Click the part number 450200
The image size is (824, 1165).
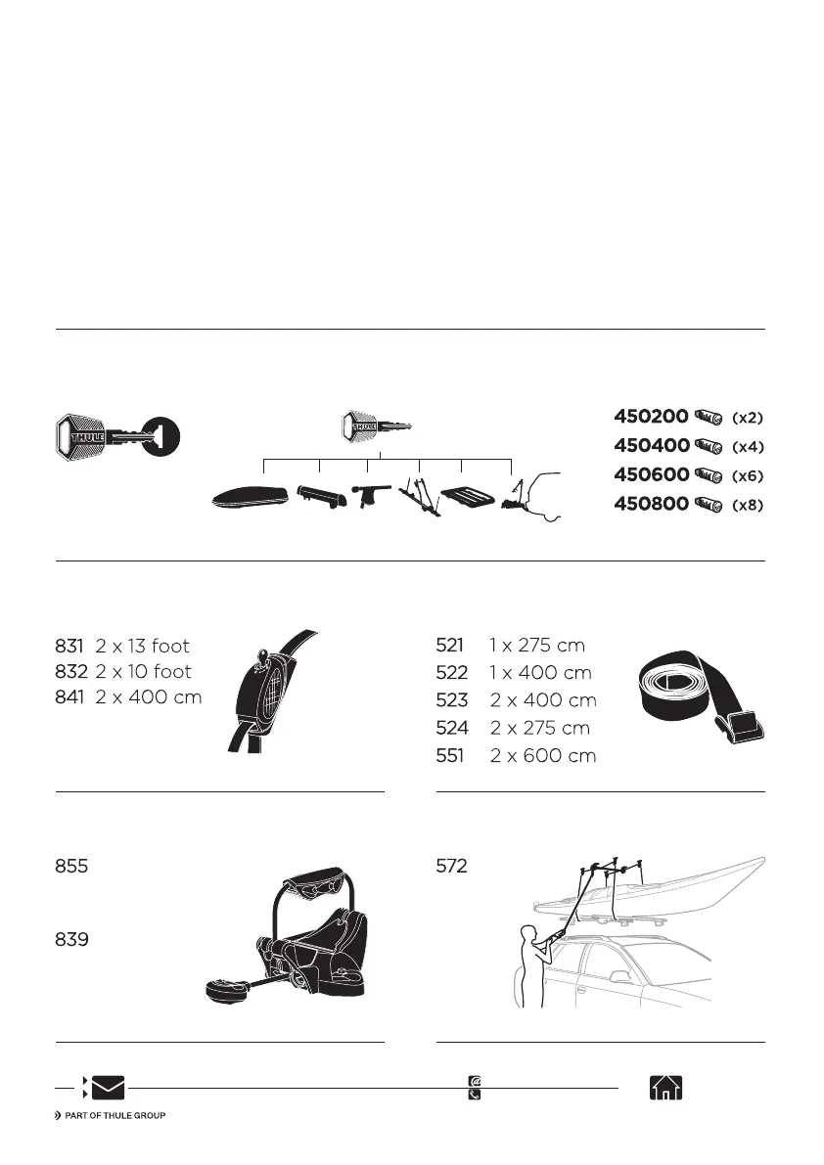tap(651, 417)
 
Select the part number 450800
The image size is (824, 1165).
tap(651, 505)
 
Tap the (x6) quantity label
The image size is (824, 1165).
tap(747, 476)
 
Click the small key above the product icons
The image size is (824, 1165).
tap(376, 426)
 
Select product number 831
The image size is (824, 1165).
tap(70, 646)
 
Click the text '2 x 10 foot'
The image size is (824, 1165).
tap(144, 672)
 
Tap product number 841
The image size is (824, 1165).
tap(70, 697)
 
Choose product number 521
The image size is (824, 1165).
tap(449, 646)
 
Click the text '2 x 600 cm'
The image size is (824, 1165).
tap(543, 756)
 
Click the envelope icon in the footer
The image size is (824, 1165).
tap(108, 1088)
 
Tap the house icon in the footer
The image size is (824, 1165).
tap(665, 1088)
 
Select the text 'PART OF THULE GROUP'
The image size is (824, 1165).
tap(114, 1116)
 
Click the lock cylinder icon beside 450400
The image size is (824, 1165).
tap(707, 447)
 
